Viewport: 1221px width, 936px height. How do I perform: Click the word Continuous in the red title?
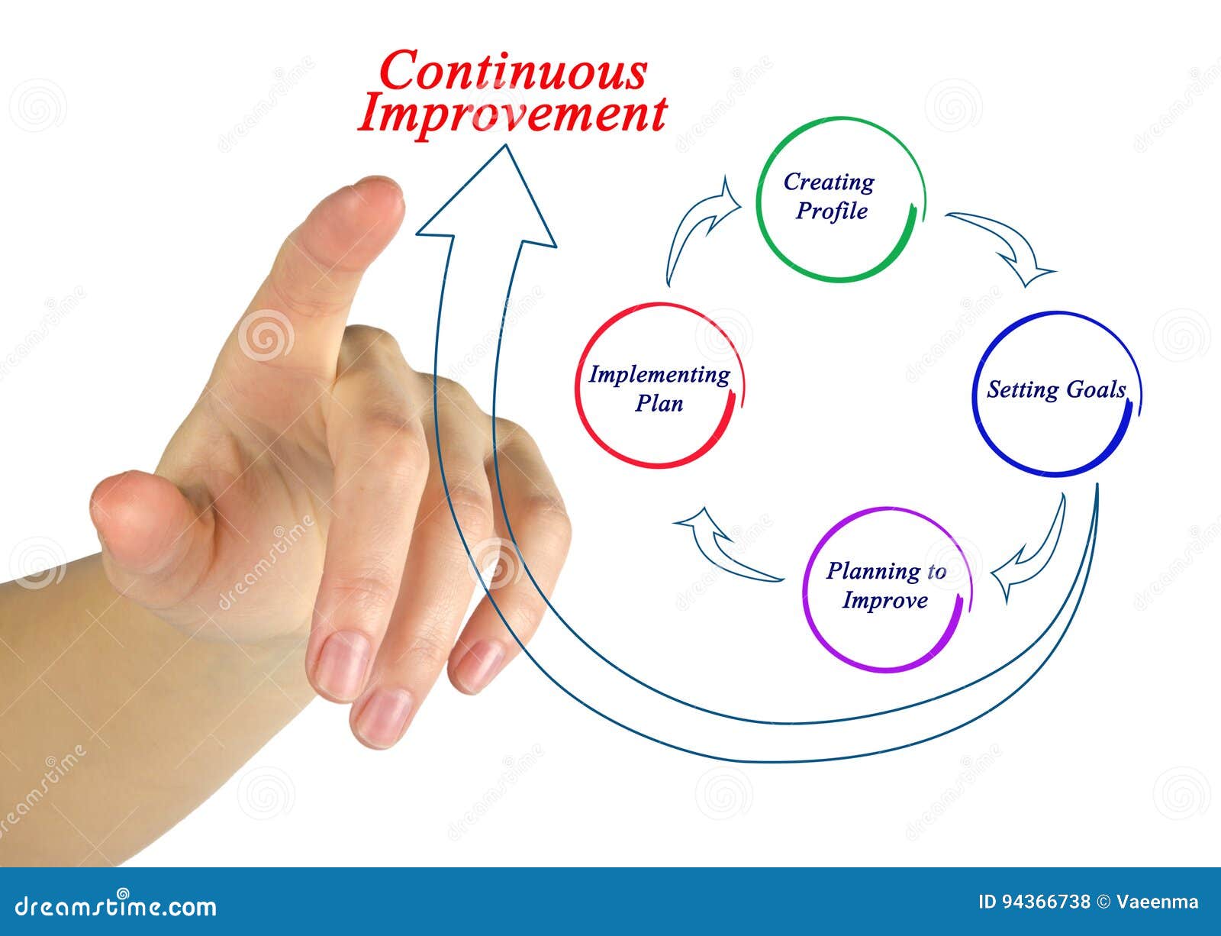pos(513,73)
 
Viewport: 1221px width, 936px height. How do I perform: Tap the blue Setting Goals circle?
pos(1058,393)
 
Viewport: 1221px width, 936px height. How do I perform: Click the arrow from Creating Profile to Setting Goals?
pos(1006,246)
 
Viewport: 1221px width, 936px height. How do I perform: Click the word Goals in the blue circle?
pos(1096,390)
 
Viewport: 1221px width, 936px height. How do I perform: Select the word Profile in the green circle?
pos(831,211)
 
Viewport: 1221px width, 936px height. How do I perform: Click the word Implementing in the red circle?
pos(659,375)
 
